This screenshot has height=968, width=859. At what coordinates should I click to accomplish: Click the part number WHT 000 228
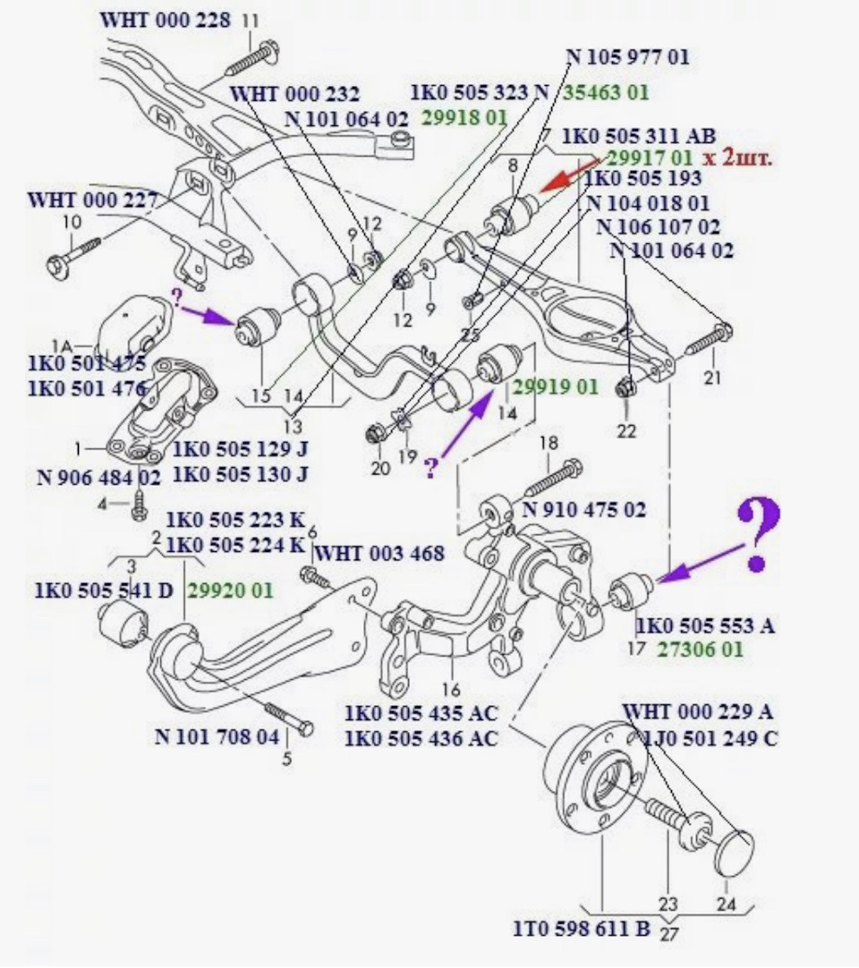[x=166, y=20]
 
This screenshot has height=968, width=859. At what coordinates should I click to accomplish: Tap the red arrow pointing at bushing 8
[x=569, y=175]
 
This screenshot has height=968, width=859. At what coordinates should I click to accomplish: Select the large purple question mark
[x=757, y=534]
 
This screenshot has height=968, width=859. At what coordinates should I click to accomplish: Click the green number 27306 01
[x=700, y=650]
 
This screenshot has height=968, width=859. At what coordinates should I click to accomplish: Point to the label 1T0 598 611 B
[x=582, y=929]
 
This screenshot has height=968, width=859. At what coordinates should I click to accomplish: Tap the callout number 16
[x=451, y=690]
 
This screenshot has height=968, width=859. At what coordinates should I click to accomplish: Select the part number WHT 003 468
[x=379, y=554]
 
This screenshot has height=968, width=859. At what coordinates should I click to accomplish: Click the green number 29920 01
[x=230, y=590]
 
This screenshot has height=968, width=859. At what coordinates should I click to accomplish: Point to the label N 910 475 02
[x=583, y=510]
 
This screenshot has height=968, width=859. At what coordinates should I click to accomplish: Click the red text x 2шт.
[x=737, y=158]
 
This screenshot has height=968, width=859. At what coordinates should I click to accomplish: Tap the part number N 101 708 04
[x=217, y=737]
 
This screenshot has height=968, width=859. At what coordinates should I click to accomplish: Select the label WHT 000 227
[x=93, y=200]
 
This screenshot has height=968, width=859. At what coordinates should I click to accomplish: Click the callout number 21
[x=712, y=378]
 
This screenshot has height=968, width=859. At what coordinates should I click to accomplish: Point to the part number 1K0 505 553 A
[x=705, y=626]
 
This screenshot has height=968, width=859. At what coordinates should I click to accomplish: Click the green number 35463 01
[x=606, y=92]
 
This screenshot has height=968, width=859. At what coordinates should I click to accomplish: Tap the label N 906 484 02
[x=98, y=477]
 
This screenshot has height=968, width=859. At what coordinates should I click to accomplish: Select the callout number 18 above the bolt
[x=549, y=443]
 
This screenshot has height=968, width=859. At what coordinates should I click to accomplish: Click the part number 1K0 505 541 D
[x=105, y=590]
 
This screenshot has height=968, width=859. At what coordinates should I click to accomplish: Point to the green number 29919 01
[x=554, y=387]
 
